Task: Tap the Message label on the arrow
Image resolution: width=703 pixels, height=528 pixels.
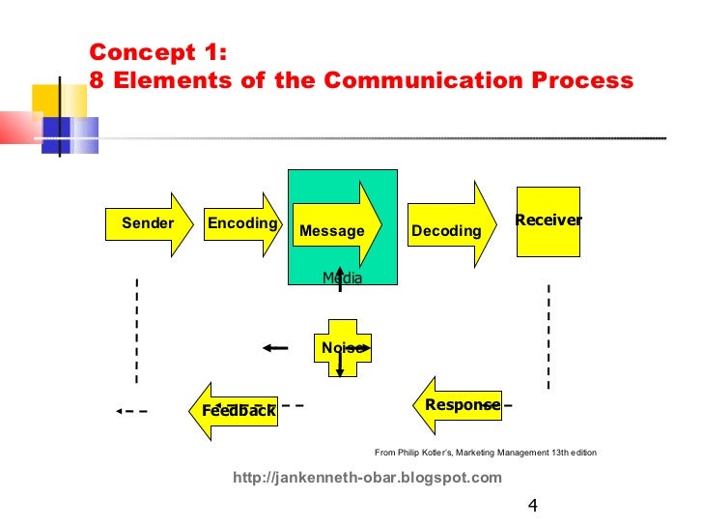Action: click(332, 231)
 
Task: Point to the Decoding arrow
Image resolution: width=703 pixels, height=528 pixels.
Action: click(447, 230)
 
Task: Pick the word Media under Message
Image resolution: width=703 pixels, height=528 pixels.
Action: click(342, 279)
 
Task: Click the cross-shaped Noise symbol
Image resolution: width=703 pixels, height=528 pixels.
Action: click(343, 348)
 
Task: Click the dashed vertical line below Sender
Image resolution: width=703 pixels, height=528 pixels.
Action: click(137, 329)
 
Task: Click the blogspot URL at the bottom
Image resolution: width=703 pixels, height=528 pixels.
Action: click(368, 478)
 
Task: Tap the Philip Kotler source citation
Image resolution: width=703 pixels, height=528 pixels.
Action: click(486, 453)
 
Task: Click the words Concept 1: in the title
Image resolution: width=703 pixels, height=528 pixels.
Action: click(157, 52)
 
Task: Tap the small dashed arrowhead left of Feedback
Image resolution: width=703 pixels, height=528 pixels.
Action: click(119, 411)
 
